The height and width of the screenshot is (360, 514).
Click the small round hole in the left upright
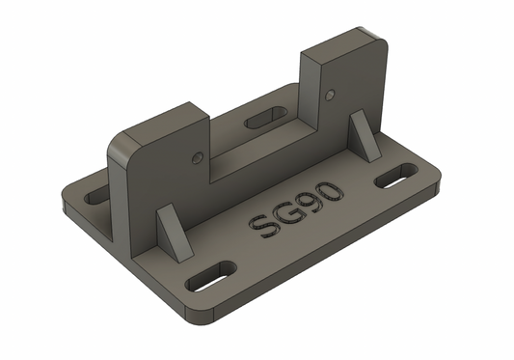pos(197,154)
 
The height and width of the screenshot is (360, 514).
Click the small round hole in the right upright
pos(331,95)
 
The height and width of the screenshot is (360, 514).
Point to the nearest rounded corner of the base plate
pos(203,319)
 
